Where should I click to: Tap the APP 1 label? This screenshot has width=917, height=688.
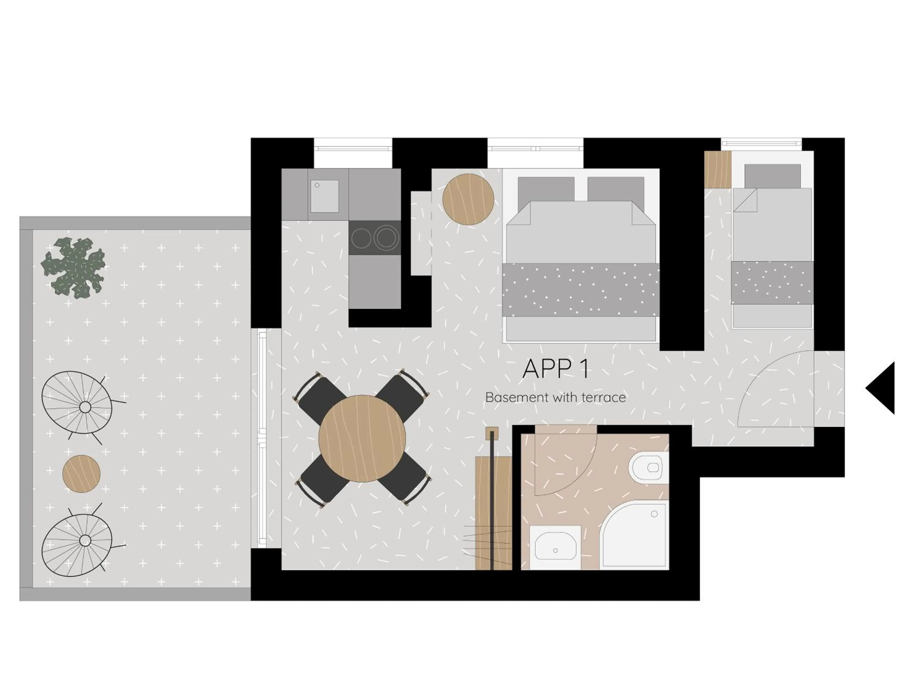pos(555,369)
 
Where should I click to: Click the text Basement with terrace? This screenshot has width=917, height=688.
pos(555,397)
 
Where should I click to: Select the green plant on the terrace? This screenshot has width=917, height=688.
pos(74,268)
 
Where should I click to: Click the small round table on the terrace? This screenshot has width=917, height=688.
pos(81,474)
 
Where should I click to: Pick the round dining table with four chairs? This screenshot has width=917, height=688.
pos(362,438)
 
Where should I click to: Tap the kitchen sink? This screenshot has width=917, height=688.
pos(324,196)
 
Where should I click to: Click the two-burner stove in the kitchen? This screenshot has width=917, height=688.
pos(374,238)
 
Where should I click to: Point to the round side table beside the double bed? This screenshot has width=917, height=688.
pos(468,199)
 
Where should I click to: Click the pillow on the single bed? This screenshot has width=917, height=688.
pos(772,176)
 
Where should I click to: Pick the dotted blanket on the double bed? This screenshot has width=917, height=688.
pos(580,290)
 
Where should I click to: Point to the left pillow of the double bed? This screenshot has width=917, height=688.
pos(546,189)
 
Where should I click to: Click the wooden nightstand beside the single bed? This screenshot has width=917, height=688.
pos(718,169)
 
